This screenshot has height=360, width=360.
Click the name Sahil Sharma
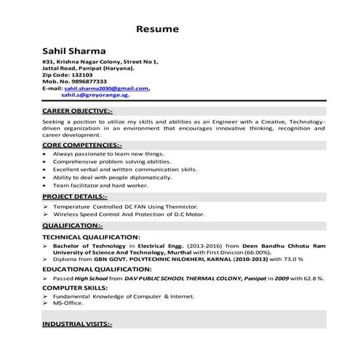point(74,51)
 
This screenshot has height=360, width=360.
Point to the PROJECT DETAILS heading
point(75,196)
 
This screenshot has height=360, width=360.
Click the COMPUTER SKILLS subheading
point(75,287)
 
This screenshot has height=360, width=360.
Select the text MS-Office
point(68,303)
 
